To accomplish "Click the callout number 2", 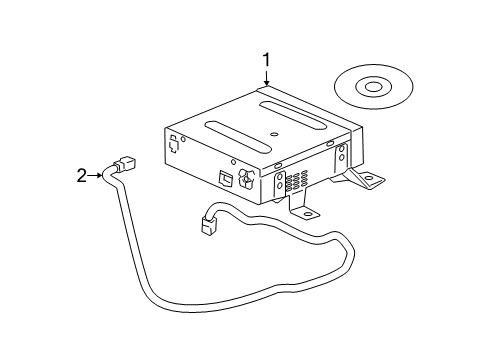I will click(x=83, y=176).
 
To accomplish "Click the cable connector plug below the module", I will click(x=209, y=225).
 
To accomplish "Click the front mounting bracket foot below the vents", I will click(x=305, y=212).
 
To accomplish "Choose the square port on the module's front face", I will click(x=226, y=181).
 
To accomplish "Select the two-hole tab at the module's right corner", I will click(x=343, y=155).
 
